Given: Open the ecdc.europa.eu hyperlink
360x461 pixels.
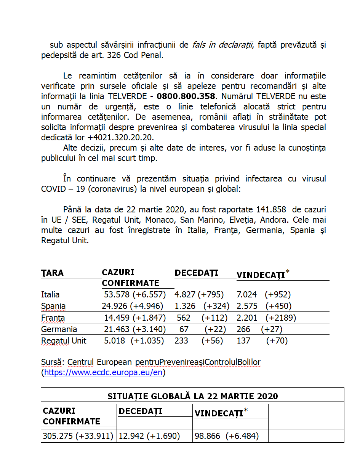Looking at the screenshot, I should tap(103, 373).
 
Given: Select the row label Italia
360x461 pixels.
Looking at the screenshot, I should tap(50, 294).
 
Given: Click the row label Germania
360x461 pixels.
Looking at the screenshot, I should tap(59, 329).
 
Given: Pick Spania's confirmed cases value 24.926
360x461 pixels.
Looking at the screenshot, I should tap(115, 306).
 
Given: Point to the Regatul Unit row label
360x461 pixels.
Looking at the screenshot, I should tap(64, 341).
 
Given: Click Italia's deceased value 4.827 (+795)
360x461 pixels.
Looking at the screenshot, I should tap(199, 294).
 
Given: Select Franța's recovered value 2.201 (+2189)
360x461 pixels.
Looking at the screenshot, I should tap(266, 318).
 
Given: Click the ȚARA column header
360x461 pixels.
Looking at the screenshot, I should tap(53, 273).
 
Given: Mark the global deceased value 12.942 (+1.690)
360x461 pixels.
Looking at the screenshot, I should tap(149, 436).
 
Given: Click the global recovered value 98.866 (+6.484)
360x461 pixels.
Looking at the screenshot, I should tap(227, 436).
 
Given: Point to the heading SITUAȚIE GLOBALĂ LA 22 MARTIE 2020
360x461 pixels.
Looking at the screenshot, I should tap(192, 396).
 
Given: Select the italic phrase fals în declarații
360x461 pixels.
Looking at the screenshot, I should tap(223, 45).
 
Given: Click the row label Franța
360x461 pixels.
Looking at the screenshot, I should tap(53, 318).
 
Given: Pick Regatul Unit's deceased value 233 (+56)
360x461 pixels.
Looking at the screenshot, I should tap(198, 341).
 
